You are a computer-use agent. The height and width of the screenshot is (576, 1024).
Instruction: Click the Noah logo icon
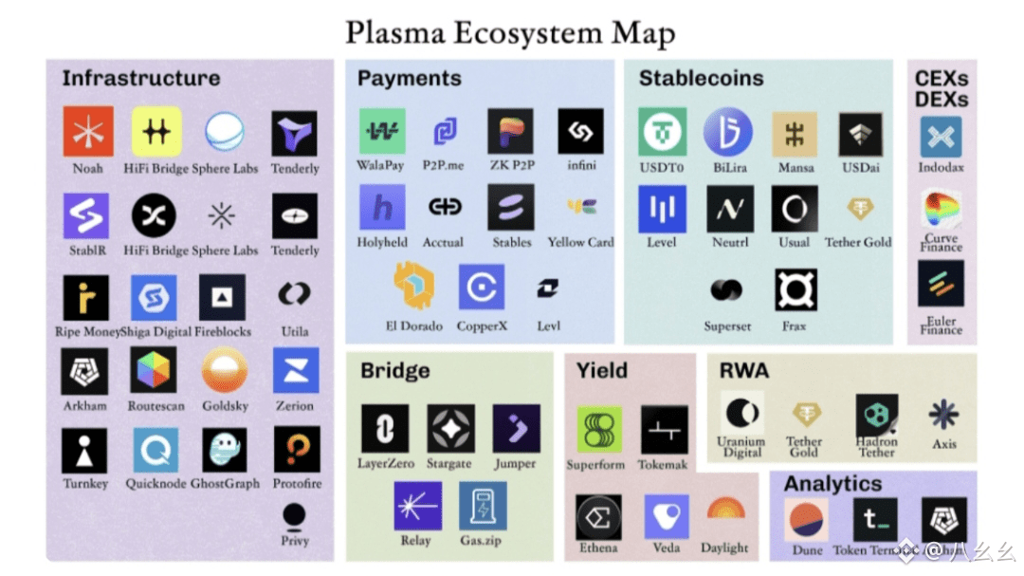[x=88, y=132]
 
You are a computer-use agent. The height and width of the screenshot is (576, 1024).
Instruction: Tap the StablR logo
[x=86, y=216]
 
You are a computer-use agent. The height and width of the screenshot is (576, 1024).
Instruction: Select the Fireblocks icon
[x=222, y=297]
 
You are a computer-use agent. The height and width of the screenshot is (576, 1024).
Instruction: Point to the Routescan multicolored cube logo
[x=153, y=371]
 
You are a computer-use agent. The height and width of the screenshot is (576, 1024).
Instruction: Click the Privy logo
[x=294, y=516]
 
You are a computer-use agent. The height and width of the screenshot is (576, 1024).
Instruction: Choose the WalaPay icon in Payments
[x=381, y=132]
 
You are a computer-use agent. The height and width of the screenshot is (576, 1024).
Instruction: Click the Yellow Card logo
[x=581, y=207]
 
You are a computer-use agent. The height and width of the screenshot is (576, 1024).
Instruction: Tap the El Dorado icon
[x=413, y=288]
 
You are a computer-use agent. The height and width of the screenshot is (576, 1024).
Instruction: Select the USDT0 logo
[x=662, y=132]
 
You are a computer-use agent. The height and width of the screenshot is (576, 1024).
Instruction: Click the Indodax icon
[x=941, y=138]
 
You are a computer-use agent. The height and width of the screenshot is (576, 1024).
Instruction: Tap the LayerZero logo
[x=385, y=429]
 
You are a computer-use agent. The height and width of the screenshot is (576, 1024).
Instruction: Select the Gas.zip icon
[x=483, y=506]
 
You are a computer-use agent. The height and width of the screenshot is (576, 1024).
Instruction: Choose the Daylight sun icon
[x=725, y=512]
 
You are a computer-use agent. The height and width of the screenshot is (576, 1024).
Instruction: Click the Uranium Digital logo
[x=741, y=414]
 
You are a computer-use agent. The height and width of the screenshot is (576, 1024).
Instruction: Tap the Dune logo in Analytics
[x=807, y=520]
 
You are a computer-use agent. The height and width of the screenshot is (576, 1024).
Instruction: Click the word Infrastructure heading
[x=140, y=78]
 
